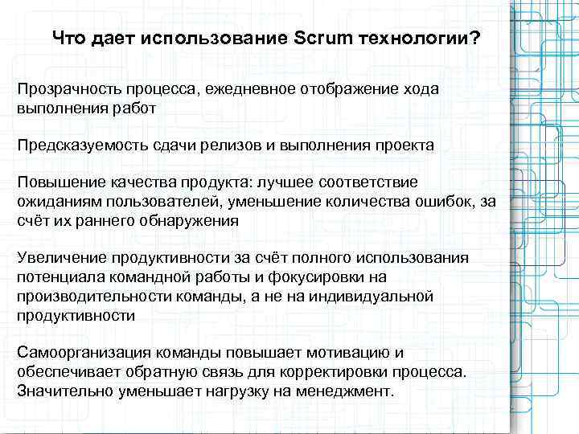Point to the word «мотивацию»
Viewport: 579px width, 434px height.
357,353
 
